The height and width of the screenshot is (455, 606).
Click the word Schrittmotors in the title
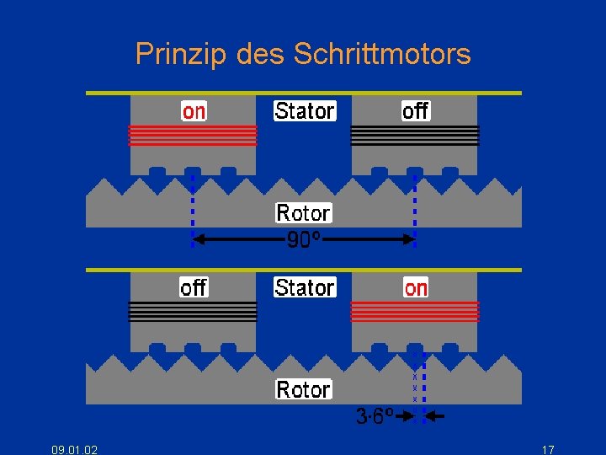[382, 55]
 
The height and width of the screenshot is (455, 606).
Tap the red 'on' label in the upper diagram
[194, 111]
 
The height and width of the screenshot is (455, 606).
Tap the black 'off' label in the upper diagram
[415, 111]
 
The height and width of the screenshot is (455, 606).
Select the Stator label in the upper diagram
[305, 111]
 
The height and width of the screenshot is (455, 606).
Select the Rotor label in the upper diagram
[304, 212]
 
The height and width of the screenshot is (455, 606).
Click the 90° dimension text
[304, 240]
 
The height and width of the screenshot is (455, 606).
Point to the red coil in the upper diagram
[193, 135]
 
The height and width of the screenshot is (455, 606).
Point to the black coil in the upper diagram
[415, 135]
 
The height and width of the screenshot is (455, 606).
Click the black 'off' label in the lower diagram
[194, 288]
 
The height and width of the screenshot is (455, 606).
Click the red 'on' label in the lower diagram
[416, 288]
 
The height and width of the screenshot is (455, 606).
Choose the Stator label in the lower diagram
[305, 288]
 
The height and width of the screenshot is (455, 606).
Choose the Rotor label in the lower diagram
[304, 389]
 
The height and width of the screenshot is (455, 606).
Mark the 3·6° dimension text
[374, 416]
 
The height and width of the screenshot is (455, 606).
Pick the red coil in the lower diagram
[415, 312]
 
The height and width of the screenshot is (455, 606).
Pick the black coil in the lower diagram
[193, 312]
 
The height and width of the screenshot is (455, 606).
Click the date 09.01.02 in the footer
[74, 449]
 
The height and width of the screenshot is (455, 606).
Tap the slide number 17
[548, 449]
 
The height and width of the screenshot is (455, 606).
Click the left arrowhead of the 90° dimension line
[198, 240]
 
